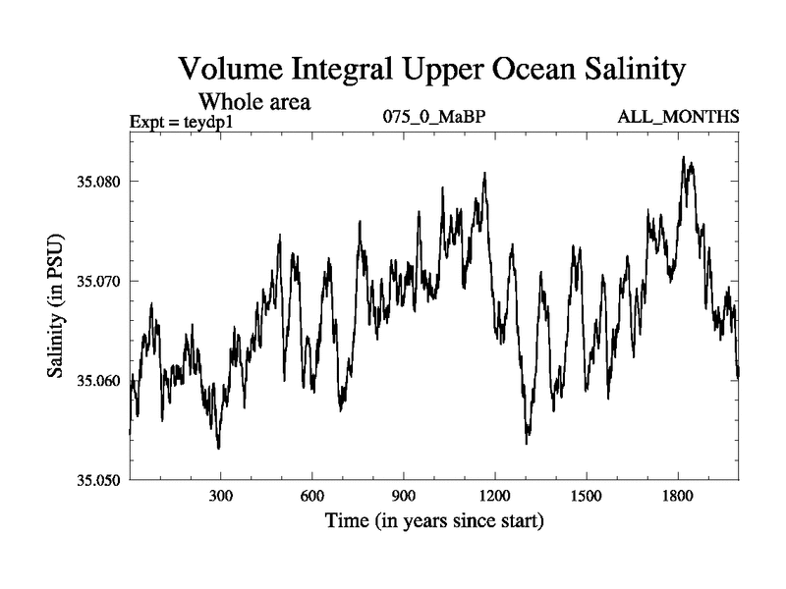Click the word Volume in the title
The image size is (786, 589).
pyautogui.click(x=231, y=71)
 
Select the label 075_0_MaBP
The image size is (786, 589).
pyautogui.click(x=435, y=117)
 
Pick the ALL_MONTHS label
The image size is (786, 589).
pyautogui.click(x=678, y=117)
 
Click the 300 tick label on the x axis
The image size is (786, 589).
pyautogui.click(x=220, y=496)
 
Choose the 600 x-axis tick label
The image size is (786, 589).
pyautogui.click(x=311, y=496)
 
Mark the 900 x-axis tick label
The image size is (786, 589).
pyautogui.click(x=403, y=496)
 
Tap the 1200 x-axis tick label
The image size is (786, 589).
pyautogui.click(x=494, y=496)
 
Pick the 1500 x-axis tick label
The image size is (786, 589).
pyautogui.click(x=586, y=496)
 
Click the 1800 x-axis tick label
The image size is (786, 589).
pyautogui.click(x=677, y=496)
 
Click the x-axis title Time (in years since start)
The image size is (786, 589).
pyautogui.click(x=433, y=521)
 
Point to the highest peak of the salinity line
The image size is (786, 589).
pyautogui.click(x=684, y=157)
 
